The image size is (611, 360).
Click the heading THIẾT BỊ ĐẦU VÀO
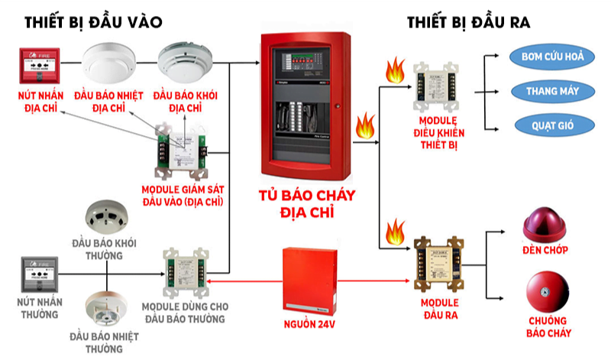93,22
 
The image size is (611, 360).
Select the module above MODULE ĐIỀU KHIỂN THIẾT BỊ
436,86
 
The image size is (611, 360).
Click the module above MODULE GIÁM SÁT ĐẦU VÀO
183,151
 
